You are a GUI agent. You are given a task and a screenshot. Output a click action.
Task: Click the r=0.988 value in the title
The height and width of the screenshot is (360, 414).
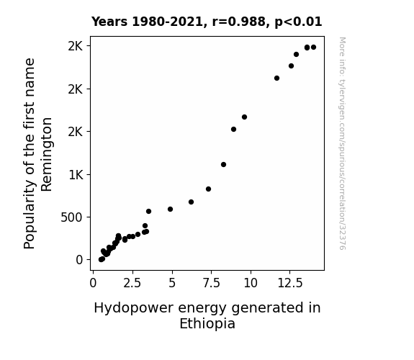(239, 22)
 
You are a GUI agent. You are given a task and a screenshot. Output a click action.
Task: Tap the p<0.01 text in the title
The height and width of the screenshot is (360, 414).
(298, 22)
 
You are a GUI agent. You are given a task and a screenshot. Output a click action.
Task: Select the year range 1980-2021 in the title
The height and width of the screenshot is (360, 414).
(167, 22)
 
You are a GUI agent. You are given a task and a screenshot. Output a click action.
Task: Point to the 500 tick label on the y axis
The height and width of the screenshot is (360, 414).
(71, 217)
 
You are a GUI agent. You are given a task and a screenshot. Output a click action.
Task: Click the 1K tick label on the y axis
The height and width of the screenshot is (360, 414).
(76, 175)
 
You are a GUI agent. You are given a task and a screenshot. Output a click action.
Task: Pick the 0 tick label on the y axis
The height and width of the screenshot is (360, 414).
(79, 260)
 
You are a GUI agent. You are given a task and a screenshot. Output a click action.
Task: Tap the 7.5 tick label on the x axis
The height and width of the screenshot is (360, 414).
(211, 283)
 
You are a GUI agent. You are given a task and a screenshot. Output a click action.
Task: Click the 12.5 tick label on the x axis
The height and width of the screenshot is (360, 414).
(290, 283)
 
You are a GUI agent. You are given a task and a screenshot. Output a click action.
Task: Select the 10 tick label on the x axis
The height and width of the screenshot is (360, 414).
(251, 283)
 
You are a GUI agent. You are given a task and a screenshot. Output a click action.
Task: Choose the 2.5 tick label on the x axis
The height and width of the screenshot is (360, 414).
(132, 283)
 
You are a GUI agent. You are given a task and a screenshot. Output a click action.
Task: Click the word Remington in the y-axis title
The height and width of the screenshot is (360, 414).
(47, 155)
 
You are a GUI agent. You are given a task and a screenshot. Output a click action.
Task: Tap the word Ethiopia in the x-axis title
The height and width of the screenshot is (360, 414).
(207, 324)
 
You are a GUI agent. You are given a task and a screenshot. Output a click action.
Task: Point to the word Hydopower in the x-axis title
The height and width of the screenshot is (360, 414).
(134, 308)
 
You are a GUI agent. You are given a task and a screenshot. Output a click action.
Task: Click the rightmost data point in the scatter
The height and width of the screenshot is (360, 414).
(313, 48)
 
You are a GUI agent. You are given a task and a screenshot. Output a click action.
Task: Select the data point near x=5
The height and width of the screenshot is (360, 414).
(171, 210)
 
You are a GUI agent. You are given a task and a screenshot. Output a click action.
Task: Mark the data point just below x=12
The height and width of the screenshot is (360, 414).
(276, 78)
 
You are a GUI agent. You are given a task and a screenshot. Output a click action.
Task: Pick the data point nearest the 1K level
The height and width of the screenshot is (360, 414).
(223, 165)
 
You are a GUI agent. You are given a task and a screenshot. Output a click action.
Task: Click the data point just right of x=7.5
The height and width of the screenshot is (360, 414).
(208, 189)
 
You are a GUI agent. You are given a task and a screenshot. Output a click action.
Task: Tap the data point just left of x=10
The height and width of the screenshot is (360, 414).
(245, 117)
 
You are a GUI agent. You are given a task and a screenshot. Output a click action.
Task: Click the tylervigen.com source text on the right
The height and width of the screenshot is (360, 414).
(342, 143)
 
